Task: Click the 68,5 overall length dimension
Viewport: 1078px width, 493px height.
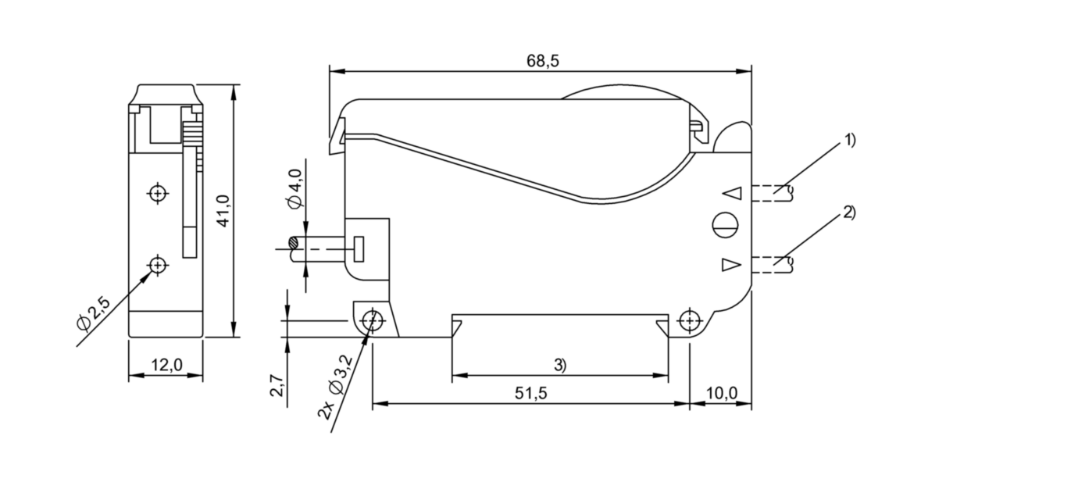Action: [x=542, y=61]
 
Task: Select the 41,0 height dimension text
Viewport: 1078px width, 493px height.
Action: [x=224, y=211]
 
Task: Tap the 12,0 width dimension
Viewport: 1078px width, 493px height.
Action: [x=166, y=365]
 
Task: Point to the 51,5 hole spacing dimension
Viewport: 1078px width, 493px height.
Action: [x=531, y=394]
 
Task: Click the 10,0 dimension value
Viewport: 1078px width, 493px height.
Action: [x=721, y=394]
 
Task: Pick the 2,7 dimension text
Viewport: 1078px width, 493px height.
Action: [x=277, y=385]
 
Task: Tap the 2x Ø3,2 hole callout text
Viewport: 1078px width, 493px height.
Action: [x=335, y=388]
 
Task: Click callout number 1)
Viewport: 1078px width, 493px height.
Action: [x=849, y=141]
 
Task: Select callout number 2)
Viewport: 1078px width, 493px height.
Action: [x=849, y=213]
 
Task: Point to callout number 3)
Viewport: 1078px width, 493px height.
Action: [x=560, y=365]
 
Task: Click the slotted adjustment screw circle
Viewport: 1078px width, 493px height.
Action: [x=724, y=224]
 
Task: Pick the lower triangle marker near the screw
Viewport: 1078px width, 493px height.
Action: [x=730, y=266]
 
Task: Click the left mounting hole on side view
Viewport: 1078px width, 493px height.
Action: [x=373, y=320]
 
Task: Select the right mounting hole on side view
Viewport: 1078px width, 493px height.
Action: [x=689, y=320]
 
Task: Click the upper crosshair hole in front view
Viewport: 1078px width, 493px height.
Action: [x=159, y=192]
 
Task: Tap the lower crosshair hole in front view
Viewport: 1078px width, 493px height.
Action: [x=159, y=266]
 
